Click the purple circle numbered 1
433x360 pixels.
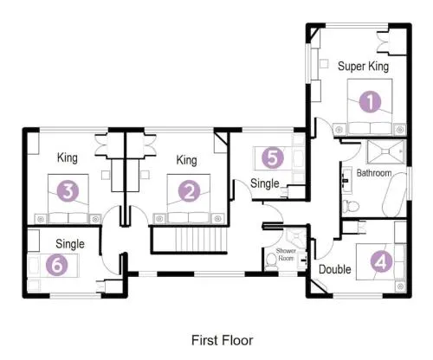tap(370, 101)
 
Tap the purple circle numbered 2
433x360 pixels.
tap(190, 190)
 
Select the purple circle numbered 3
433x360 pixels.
tap(68, 190)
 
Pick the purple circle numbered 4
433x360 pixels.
tap(381, 261)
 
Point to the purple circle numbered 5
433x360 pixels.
tap(273, 157)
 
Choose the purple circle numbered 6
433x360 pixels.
tap(57, 265)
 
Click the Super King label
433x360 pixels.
tap(363, 67)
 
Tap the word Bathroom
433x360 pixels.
tap(374, 173)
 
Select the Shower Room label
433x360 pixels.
tap(286, 254)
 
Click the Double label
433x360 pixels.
tap(335, 269)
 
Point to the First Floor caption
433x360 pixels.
tap(222, 340)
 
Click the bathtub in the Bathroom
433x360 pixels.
tap(394, 195)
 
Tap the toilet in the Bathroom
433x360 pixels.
tap(351, 206)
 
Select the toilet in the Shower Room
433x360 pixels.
tap(271, 260)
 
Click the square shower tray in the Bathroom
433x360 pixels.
tap(386, 151)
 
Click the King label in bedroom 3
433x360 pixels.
tap(68, 158)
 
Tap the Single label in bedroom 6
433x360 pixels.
tap(70, 244)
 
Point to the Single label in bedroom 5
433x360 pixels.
tap(265, 183)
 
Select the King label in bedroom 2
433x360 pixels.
tap(186, 160)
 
